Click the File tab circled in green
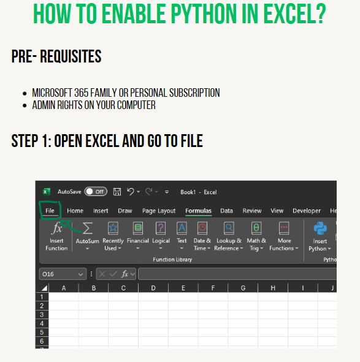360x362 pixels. [x=50, y=211]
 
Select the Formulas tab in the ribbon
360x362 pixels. [x=198, y=211]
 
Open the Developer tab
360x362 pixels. [x=307, y=211]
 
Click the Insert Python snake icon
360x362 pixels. [x=320, y=228]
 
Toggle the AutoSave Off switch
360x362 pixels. [x=96, y=192]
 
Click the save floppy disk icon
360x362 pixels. [x=117, y=192]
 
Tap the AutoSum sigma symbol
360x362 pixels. [x=88, y=228]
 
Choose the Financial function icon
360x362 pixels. [x=138, y=228]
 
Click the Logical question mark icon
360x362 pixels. [x=161, y=228]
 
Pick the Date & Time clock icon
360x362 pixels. [x=202, y=228]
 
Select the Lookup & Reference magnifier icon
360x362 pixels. [x=229, y=228]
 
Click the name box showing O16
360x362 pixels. [x=63, y=274]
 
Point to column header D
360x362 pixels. [x=153, y=288]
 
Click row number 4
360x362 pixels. [x=42, y=323]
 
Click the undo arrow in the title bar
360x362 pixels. [x=131, y=192]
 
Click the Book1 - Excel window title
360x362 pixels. [x=199, y=192]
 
